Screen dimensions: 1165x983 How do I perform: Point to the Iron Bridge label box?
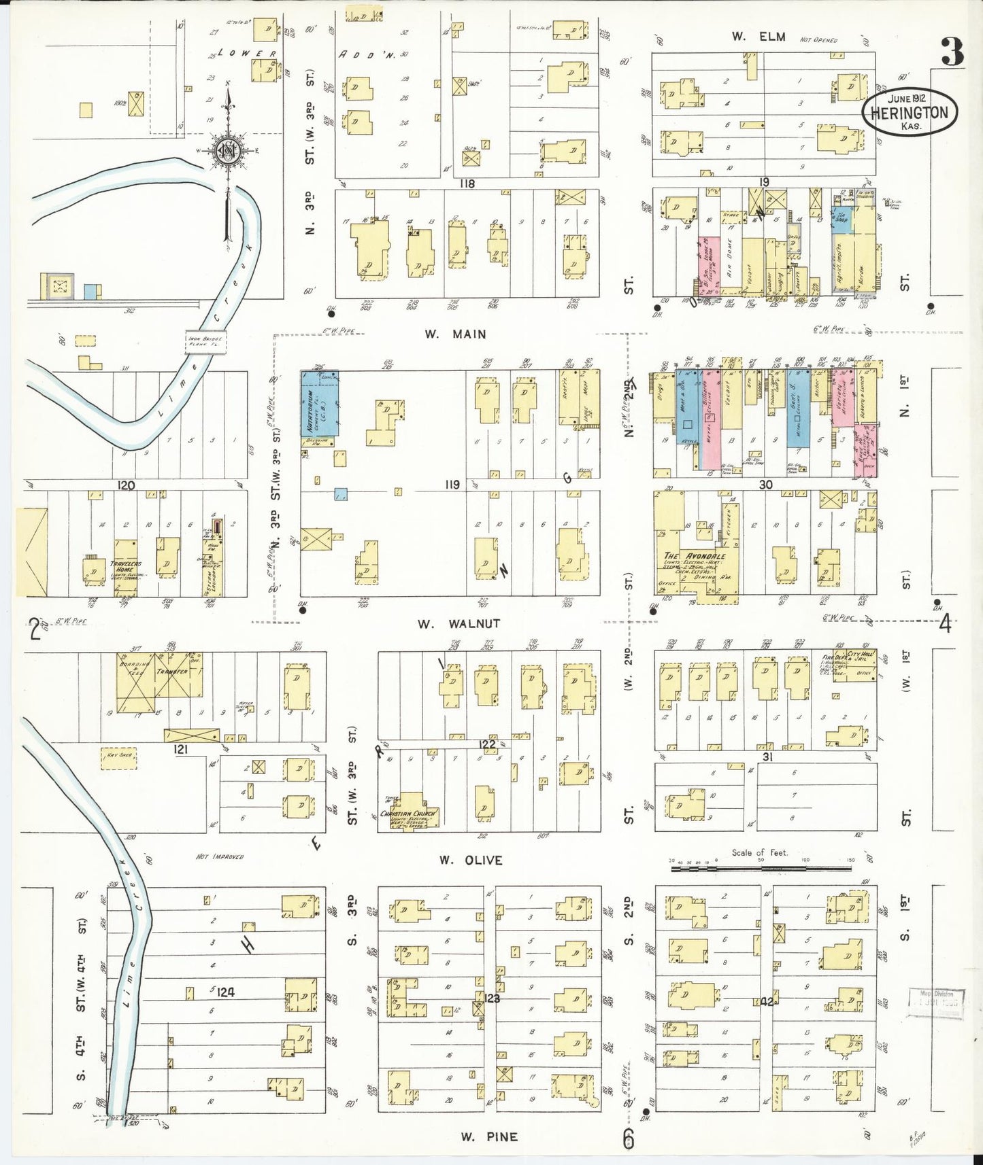click(x=205, y=342)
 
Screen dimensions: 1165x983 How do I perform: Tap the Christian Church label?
click(x=409, y=813)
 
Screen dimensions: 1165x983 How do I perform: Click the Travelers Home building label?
click(x=125, y=566)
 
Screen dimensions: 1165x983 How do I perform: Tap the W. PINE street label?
click(x=488, y=1136)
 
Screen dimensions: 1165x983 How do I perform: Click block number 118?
click(x=467, y=184)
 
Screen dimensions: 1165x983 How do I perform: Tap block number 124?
click(x=226, y=992)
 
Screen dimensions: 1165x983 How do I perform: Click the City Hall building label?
click(x=859, y=655)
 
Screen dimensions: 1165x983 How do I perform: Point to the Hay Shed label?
click(x=118, y=754)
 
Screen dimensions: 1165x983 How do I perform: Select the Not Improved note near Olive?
click(x=220, y=856)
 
